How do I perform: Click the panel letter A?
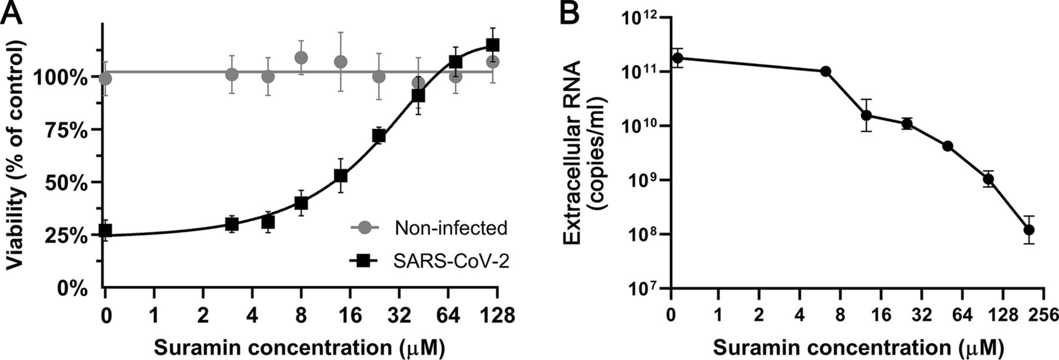coord(13,13)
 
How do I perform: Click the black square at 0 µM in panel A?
coord(105,231)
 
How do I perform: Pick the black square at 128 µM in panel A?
coord(493,45)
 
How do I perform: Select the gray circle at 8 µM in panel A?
coord(301,58)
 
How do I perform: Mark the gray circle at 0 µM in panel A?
coord(105,78)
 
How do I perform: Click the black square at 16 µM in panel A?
coord(341,175)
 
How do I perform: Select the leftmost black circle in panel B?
coord(678,58)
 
